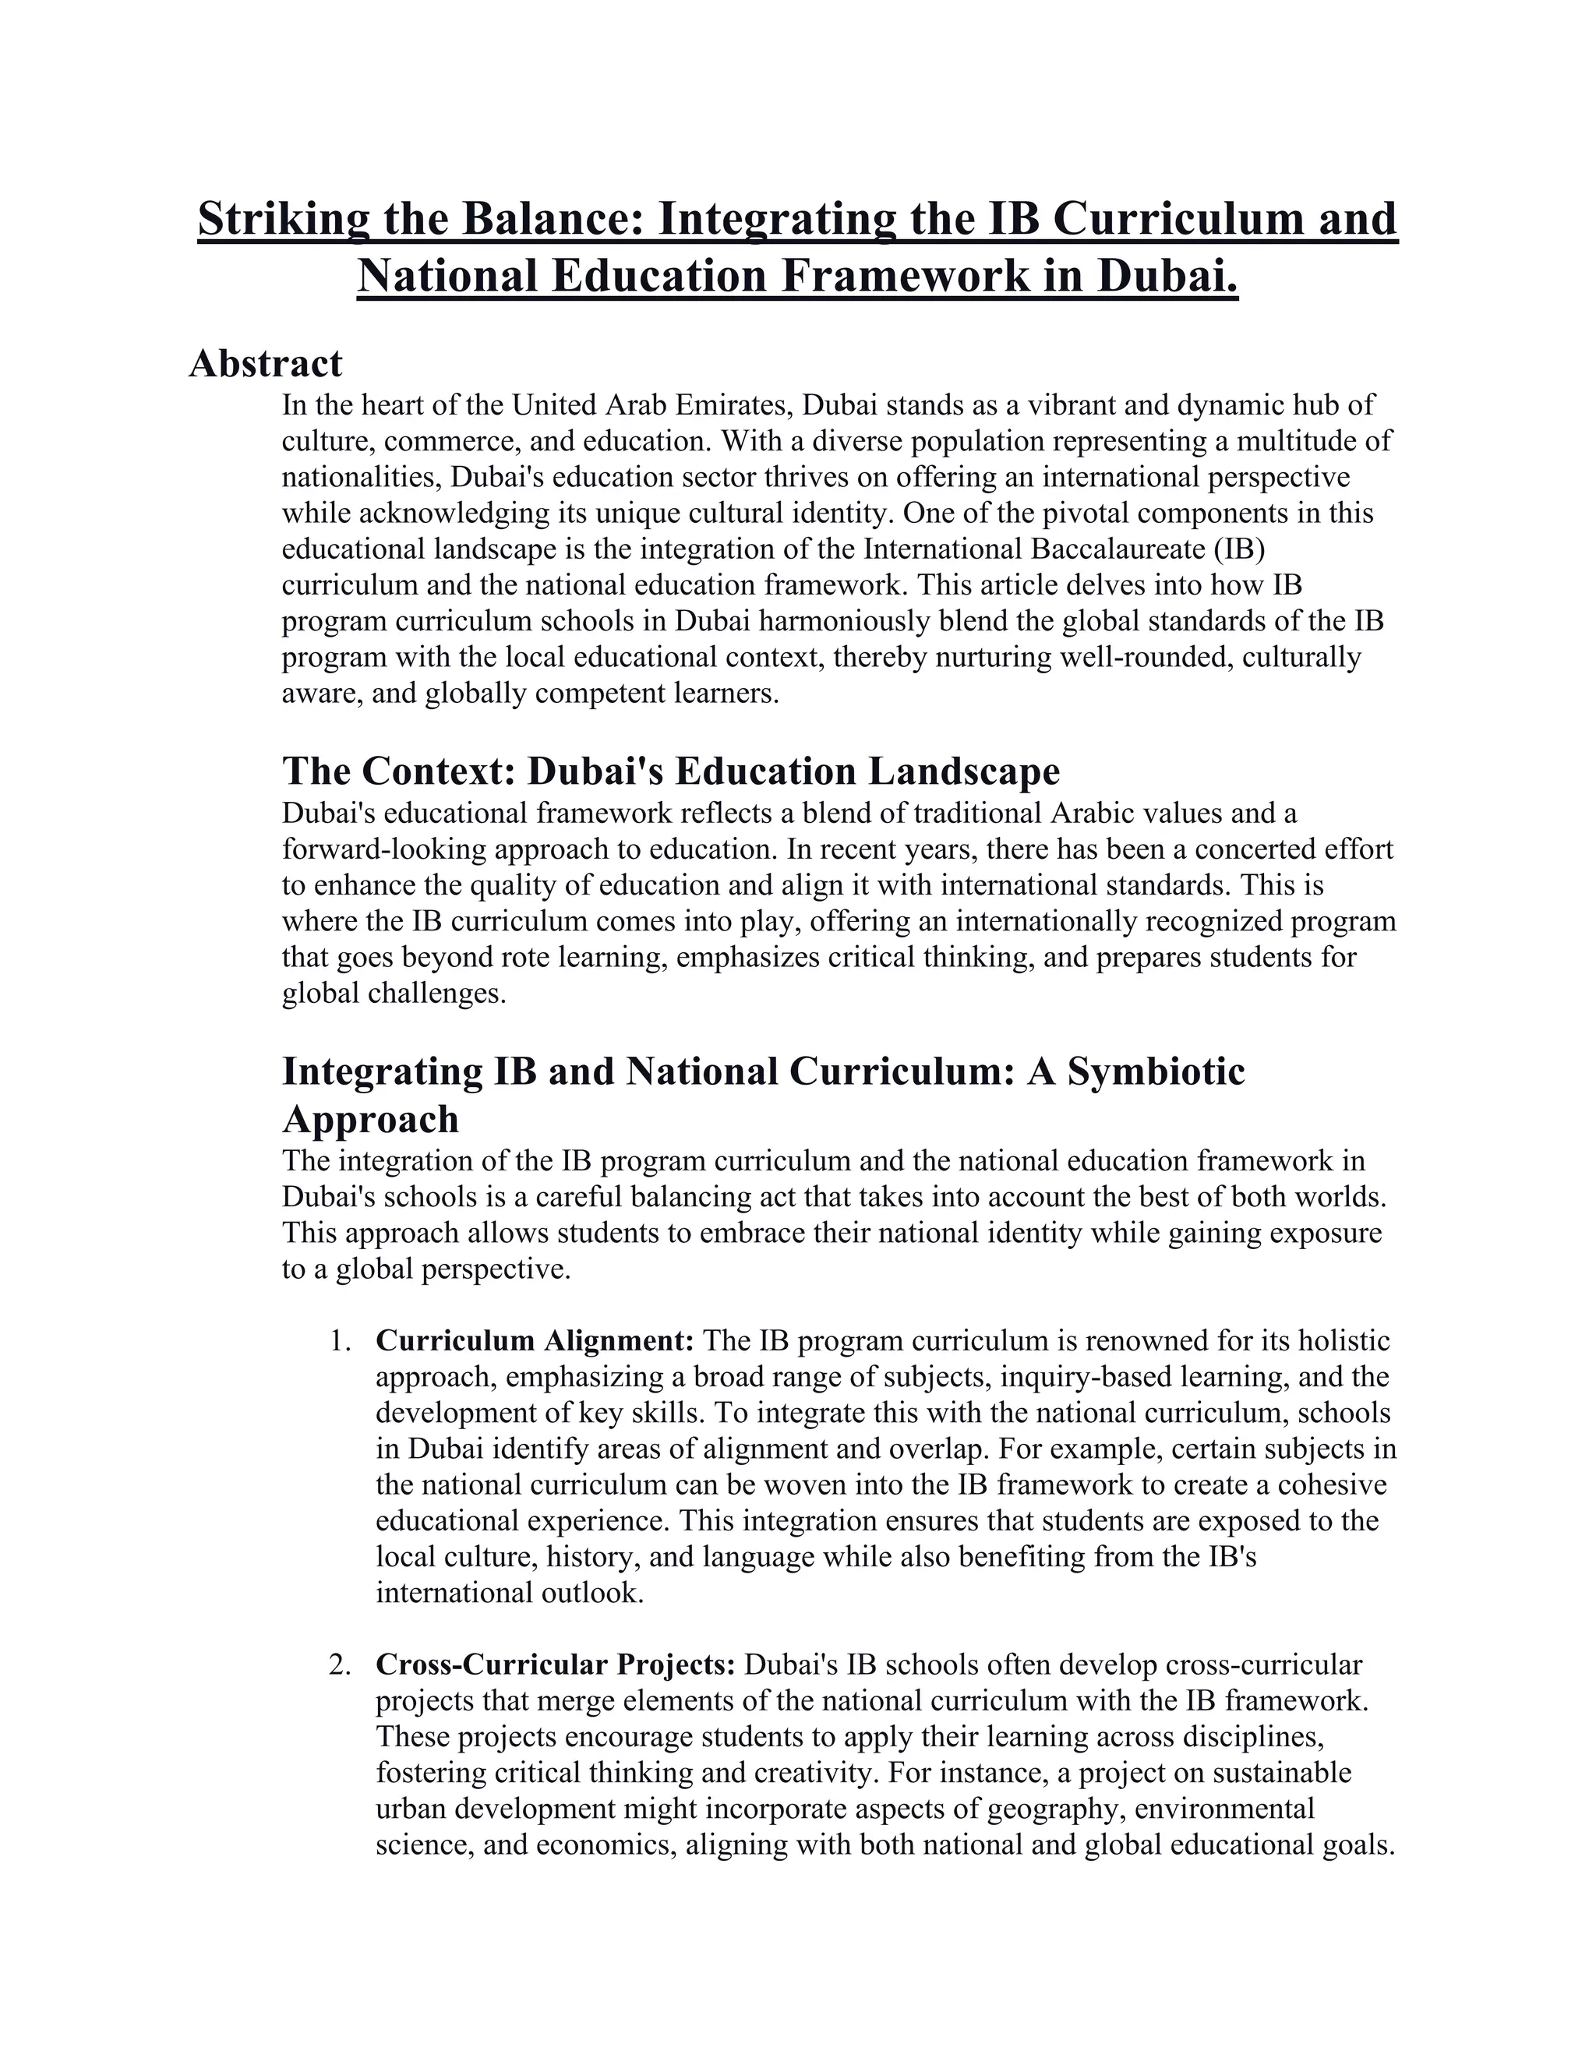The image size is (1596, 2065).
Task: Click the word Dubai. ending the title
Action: click(1167, 276)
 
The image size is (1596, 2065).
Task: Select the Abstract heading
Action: click(266, 363)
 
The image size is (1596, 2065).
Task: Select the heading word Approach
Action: click(371, 1120)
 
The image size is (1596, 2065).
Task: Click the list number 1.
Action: click(340, 1342)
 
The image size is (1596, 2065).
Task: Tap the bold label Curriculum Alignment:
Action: click(535, 1342)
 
